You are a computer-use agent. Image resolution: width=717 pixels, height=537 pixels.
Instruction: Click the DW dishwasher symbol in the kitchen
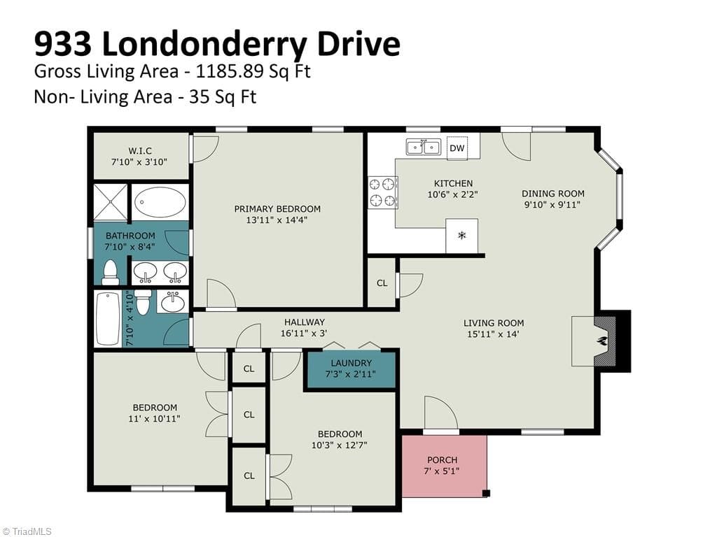(457, 148)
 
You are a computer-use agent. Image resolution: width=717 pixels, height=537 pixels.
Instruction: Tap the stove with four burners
(383, 192)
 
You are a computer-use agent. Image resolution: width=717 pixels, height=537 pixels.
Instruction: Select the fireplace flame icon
(602, 341)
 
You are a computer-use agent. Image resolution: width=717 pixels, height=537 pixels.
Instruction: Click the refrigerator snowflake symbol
(462, 236)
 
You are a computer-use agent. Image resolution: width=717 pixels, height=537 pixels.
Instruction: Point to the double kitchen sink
(424, 148)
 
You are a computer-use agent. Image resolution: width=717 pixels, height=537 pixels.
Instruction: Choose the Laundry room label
(351, 363)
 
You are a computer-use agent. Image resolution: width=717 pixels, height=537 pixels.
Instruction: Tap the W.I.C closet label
(140, 150)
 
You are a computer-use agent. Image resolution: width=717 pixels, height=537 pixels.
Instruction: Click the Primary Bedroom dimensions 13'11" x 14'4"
(277, 220)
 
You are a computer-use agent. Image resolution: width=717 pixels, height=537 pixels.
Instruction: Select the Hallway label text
(305, 322)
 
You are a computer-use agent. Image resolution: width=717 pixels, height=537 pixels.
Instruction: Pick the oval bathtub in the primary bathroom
(160, 202)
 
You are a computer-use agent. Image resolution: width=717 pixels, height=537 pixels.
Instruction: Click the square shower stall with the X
(110, 202)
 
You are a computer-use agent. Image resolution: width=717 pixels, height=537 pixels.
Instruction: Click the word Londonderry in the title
(204, 44)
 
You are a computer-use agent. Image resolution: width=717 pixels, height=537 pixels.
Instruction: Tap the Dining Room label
(553, 194)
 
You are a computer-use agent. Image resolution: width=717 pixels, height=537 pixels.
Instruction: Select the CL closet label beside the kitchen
(382, 283)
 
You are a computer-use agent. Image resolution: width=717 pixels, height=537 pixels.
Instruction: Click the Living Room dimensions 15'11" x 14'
(494, 334)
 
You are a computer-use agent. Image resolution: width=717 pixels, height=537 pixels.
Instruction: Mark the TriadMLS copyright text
(27, 531)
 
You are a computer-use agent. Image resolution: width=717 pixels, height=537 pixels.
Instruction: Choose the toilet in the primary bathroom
(110, 272)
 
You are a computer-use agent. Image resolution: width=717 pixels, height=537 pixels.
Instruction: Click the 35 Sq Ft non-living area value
(223, 96)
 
